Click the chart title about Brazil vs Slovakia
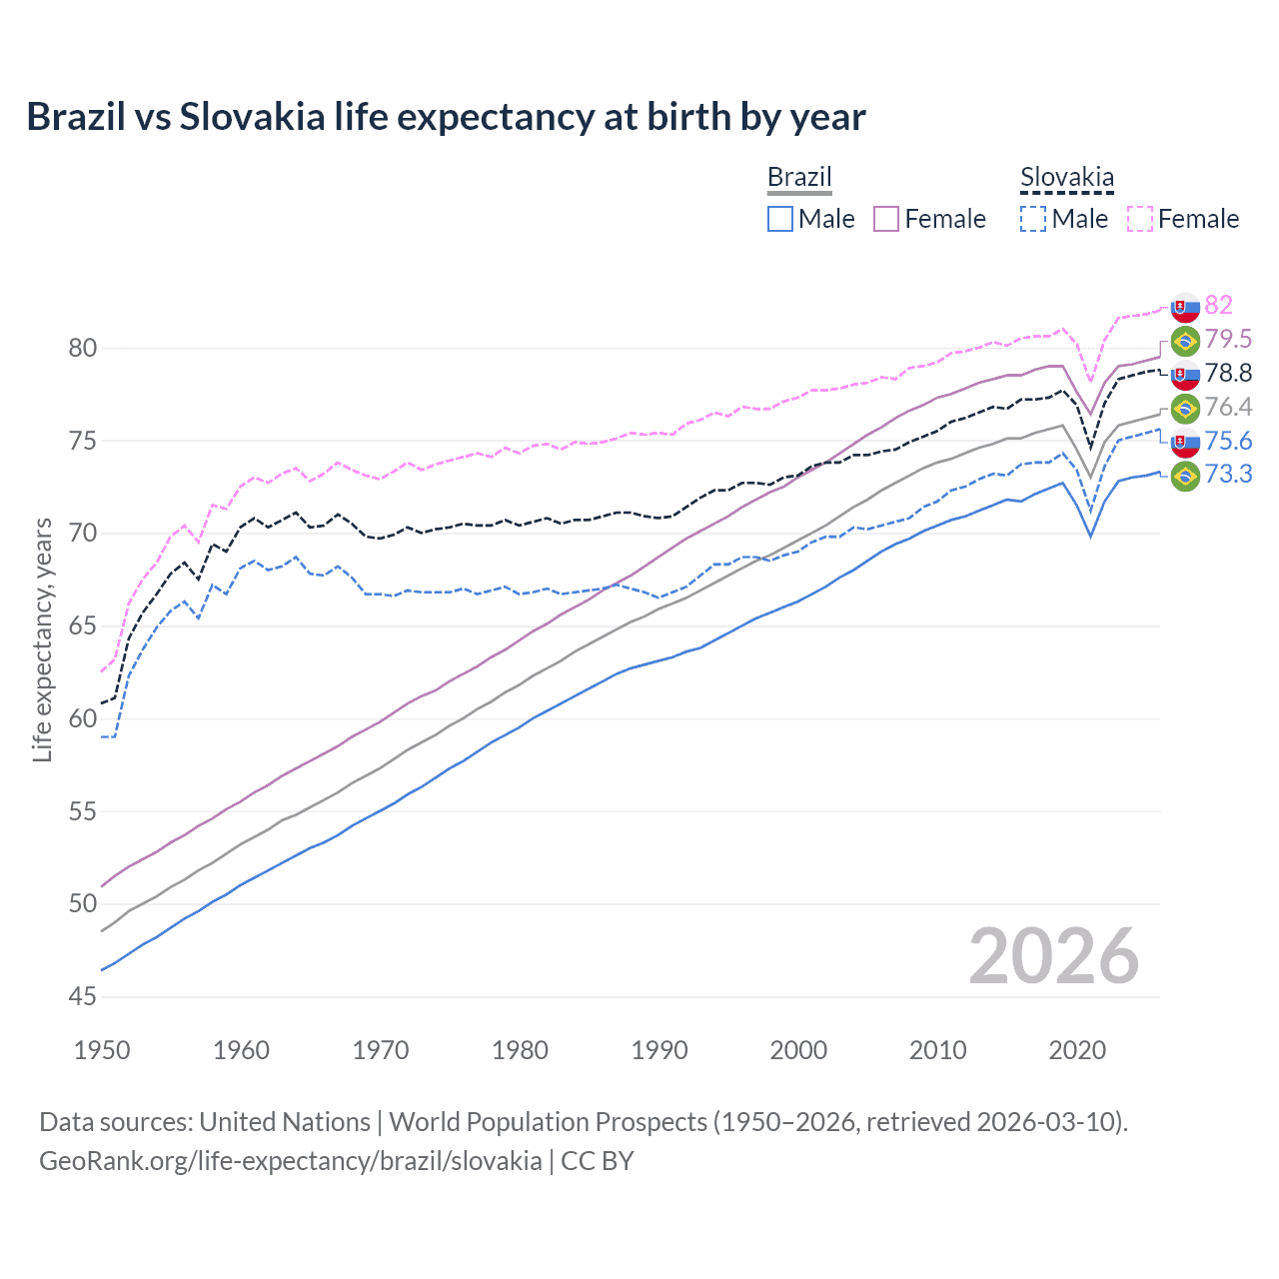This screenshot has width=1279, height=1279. (446, 117)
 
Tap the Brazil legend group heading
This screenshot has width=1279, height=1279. (799, 178)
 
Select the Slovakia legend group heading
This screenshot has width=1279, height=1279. (1066, 178)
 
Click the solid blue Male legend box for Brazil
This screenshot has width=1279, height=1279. (780, 219)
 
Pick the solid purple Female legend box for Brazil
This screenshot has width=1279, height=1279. (887, 219)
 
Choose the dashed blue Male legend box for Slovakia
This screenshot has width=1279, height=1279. (1033, 219)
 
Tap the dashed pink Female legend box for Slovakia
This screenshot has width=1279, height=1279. (1140, 219)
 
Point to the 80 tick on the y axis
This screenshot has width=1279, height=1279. (83, 349)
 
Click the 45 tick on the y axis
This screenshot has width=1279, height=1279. (83, 996)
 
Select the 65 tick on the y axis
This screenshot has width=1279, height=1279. (83, 627)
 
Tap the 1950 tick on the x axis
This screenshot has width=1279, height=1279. (102, 1050)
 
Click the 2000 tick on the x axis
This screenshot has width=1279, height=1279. (798, 1050)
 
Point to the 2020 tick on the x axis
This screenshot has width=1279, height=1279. (1077, 1050)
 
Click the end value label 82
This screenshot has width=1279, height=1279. (1218, 305)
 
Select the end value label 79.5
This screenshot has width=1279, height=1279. (1228, 340)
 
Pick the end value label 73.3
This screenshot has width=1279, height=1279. (1228, 475)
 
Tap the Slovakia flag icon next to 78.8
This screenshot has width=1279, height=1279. (1185, 375)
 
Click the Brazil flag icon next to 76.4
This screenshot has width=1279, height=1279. (1185, 408)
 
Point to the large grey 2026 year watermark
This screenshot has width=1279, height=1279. (1053, 956)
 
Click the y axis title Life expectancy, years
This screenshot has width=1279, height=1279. (43, 639)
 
